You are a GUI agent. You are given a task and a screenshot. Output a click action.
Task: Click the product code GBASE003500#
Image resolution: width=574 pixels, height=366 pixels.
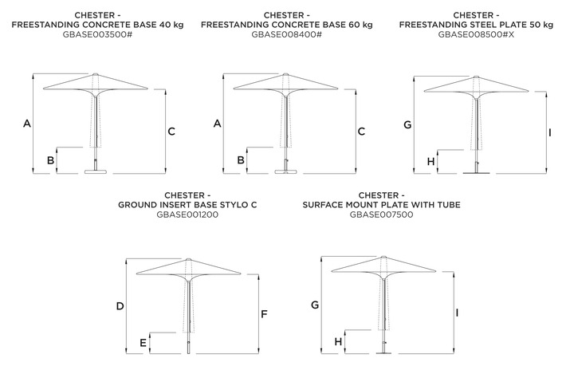click(x=97, y=34)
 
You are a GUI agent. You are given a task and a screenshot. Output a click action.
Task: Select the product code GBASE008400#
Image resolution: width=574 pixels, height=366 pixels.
click(x=287, y=34)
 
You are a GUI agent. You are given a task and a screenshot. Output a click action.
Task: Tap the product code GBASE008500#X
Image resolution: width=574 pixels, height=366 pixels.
click(x=476, y=34)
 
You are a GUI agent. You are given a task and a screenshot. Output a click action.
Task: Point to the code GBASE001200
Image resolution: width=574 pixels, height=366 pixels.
click(x=187, y=214)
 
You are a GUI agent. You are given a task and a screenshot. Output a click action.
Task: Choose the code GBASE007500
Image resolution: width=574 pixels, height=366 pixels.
click(x=381, y=214)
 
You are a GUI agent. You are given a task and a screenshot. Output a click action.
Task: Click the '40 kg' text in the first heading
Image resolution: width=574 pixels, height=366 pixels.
click(x=171, y=25)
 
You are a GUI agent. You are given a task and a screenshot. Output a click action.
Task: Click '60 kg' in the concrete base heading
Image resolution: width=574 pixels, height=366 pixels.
click(x=360, y=25)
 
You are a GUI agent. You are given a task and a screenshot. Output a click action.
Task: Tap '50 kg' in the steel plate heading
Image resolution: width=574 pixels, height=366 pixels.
click(x=541, y=25)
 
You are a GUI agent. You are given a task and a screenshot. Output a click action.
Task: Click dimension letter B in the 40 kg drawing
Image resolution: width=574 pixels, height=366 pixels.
click(x=50, y=160)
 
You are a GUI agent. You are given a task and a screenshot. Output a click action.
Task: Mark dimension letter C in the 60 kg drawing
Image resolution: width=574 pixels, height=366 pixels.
click(x=361, y=132)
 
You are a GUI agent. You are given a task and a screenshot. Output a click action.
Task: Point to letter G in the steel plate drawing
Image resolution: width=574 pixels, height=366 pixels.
click(x=407, y=125)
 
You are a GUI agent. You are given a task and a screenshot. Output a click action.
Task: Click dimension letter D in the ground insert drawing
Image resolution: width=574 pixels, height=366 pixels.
click(x=120, y=306)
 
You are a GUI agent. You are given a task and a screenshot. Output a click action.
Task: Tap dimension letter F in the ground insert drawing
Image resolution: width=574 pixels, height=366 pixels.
click(x=264, y=314)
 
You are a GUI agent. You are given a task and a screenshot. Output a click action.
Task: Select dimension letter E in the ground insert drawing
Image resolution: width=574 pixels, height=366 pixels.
click(x=143, y=343)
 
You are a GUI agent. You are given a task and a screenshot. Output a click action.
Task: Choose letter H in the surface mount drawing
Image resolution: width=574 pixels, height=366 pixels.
click(x=338, y=341)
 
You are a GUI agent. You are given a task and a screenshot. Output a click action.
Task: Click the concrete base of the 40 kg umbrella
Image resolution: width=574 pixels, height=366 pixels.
click(x=96, y=171)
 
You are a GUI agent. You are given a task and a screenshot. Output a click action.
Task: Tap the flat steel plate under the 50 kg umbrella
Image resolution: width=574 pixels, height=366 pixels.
click(x=476, y=173)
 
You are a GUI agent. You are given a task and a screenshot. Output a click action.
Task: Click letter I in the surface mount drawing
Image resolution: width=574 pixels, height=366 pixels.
click(x=457, y=313)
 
